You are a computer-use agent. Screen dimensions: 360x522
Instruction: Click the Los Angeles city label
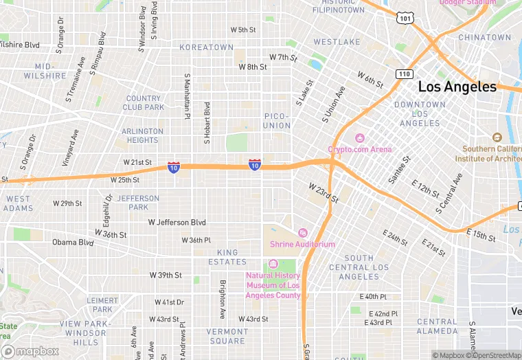coord(457,87)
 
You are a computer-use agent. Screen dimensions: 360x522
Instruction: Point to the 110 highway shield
coord(403,74)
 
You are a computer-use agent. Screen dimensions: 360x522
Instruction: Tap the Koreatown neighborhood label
coord(206,47)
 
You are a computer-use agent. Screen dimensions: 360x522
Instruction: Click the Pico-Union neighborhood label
coord(277,121)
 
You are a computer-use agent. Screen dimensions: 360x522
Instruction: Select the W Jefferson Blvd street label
coord(177,223)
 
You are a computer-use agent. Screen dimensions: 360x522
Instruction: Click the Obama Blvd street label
coord(73,243)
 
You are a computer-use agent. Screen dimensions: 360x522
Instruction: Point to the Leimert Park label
coord(104,304)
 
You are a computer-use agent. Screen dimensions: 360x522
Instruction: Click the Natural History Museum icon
coord(273,265)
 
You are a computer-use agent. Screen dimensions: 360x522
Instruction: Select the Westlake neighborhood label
coord(337,42)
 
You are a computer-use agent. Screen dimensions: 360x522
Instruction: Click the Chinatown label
coord(485,37)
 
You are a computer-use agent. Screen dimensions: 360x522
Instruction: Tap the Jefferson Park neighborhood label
coord(138,203)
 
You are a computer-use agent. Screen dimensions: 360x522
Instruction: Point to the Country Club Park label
coord(144,103)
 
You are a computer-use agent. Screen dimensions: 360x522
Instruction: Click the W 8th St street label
coord(252,67)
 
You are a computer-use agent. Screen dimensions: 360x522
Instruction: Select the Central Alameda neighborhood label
coord(437,326)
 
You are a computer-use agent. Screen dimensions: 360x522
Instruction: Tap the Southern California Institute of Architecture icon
coord(497,137)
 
